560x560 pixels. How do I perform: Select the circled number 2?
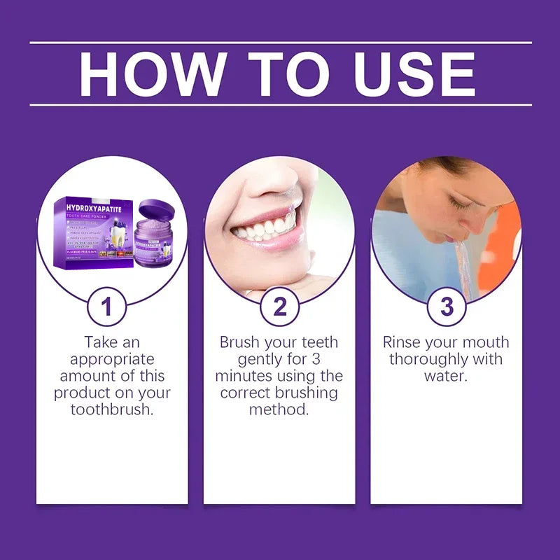click(279, 307)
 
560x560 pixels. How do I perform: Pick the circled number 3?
click(447, 307)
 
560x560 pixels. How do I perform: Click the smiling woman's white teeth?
click(262, 228)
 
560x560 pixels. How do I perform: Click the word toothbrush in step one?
click(112, 409)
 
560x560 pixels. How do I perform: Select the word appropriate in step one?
click(112, 359)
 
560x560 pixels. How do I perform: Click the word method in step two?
click(279, 409)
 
